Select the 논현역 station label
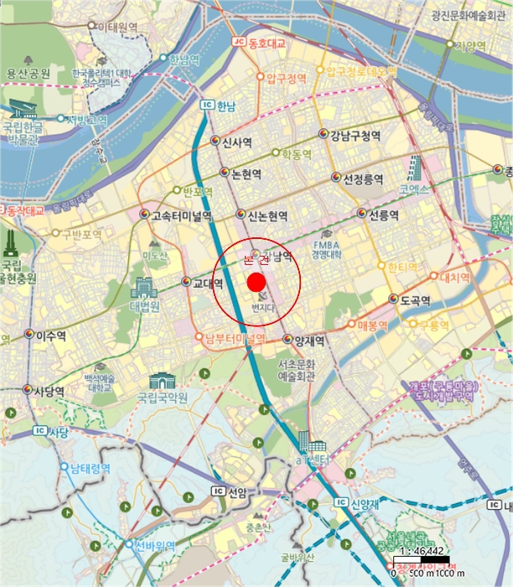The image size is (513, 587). click(x=246, y=174)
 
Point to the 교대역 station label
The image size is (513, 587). click(x=205, y=283)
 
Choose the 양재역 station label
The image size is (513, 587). click(x=308, y=340)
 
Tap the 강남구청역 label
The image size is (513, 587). click(x=355, y=135)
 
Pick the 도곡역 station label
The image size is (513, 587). click(x=415, y=299)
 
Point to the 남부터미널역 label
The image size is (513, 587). click(x=235, y=340)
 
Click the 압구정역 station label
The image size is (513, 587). click(x=286, y=78)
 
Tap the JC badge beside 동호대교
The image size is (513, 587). click(x=241, y=41)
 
